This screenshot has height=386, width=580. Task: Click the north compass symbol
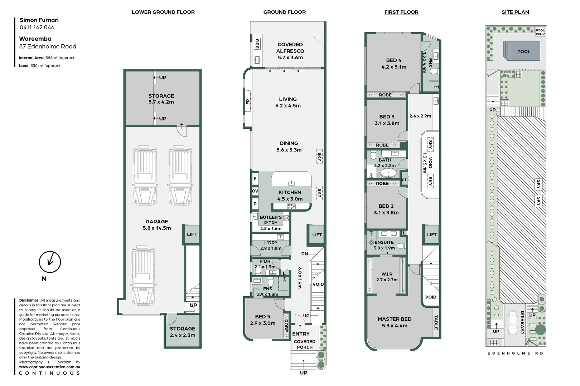pos(50,262)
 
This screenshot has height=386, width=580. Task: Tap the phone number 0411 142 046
pos(37,28)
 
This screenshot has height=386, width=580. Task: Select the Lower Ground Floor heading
pos(163,12)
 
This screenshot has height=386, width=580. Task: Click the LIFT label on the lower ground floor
pos(192,234)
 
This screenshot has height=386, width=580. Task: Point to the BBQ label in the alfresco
pos(257,44)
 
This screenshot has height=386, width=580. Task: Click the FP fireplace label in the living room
pos(247,102)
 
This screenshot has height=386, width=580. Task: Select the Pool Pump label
pos(540,32)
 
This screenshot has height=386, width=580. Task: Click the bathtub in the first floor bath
pos(388,174)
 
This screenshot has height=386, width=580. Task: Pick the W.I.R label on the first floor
pos(387,274)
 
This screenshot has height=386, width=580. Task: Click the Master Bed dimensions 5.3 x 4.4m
pos(395,326)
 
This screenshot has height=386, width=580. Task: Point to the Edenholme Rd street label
pos(515,353)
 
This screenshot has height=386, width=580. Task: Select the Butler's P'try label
pos(271,220)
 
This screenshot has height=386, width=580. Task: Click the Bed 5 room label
pos(262,317)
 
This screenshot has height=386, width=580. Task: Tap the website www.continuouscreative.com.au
pos(49,367)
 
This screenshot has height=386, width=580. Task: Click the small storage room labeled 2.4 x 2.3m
pos(183,332)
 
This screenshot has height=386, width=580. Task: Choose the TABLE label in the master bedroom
pos(436,322)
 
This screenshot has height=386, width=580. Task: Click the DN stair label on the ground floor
pos(304,254)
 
